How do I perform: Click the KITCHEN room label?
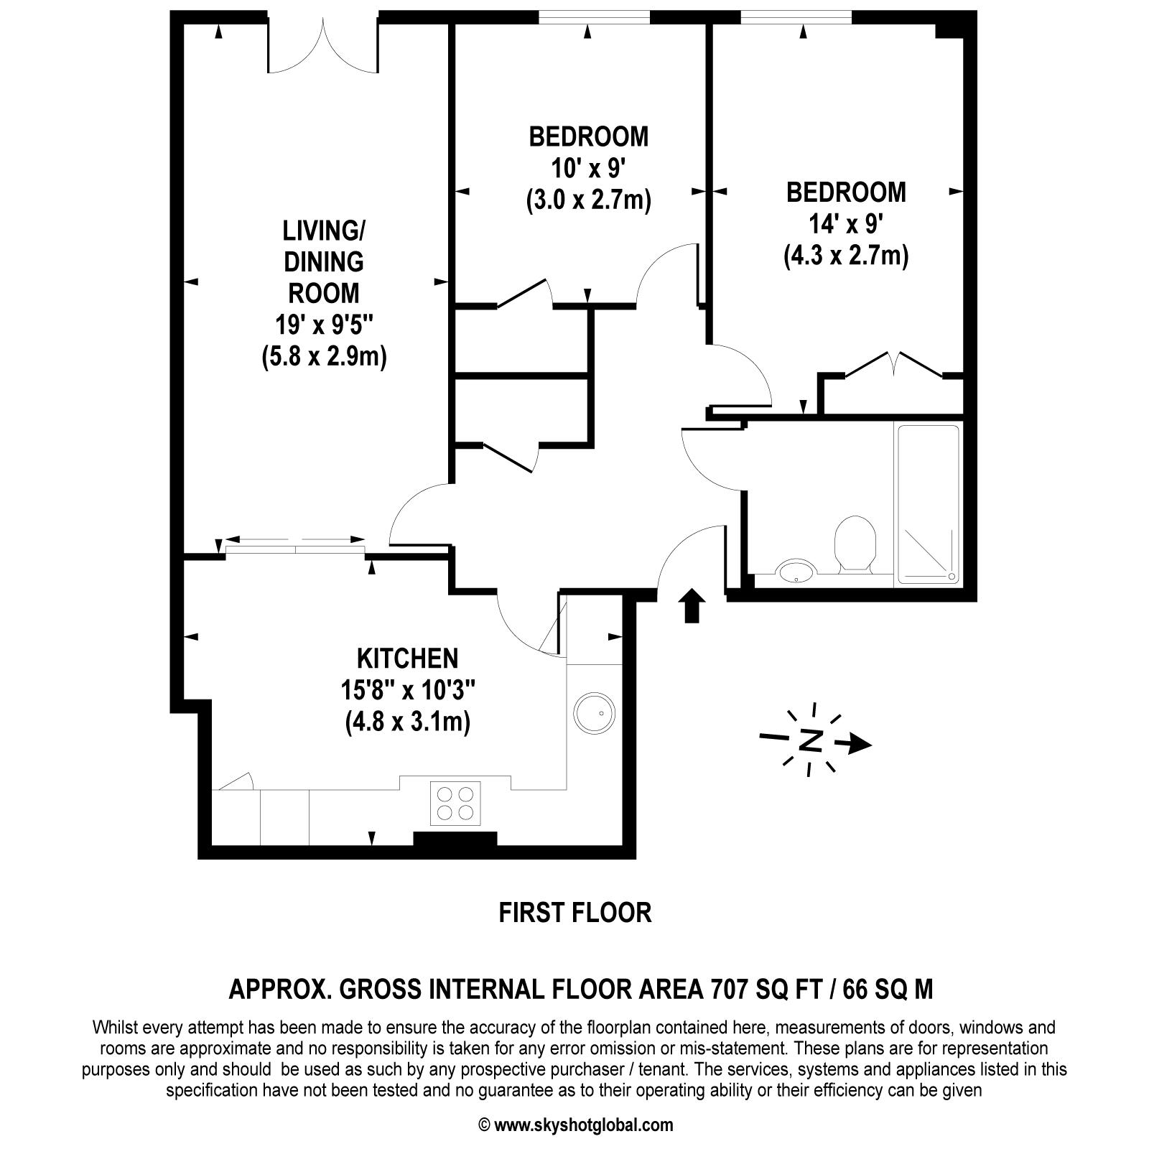[407, 658]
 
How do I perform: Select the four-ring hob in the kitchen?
[456, 803]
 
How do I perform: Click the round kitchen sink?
[594, 712]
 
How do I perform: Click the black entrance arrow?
[691, 605]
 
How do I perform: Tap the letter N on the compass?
[811, 740]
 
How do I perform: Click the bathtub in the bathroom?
[928, 503]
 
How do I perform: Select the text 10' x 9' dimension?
[589, 169]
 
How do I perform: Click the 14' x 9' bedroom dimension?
[846, 225]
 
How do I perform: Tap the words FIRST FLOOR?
[575, 913]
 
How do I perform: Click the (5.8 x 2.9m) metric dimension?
[324, 356]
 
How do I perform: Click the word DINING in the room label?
[324, 262]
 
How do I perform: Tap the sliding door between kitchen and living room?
[295, 549]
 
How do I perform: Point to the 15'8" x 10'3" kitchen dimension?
[407, 691]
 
